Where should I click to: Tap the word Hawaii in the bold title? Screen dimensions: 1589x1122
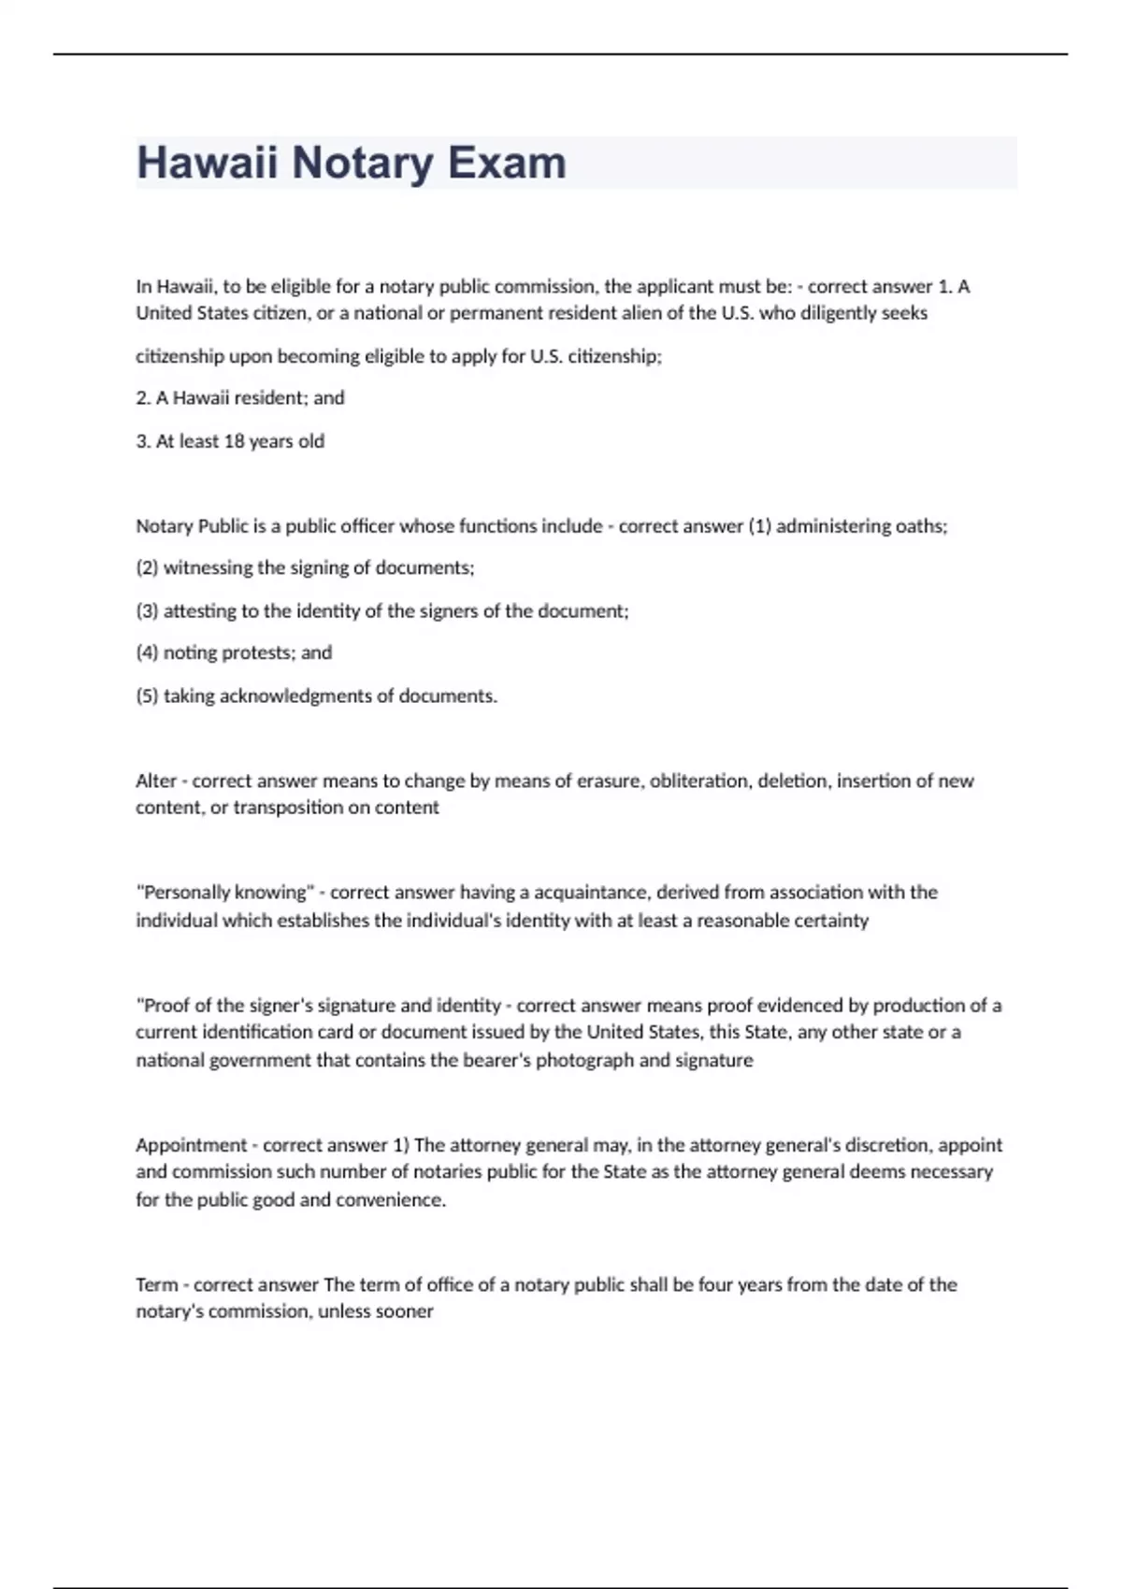coord(207,163)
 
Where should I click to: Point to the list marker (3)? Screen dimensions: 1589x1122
coord(147,611)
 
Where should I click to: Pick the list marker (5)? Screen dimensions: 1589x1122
coord(147,696)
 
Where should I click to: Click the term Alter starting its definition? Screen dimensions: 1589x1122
coord(155,781)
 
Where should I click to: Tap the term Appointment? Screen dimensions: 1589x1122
coord(191,1146)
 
